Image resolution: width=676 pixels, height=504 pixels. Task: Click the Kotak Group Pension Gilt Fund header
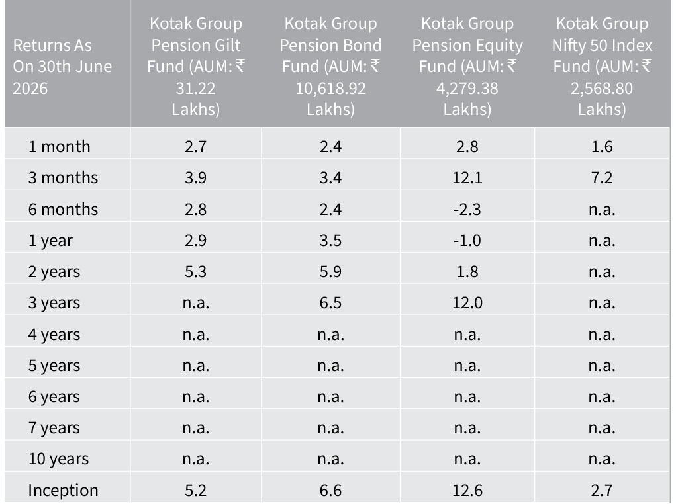(196, 66)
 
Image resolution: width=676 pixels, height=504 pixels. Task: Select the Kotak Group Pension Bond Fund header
(330, 66)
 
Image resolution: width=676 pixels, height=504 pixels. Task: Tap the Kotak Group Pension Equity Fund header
(467, 66)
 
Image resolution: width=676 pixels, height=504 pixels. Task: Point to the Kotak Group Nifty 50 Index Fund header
(602, 66)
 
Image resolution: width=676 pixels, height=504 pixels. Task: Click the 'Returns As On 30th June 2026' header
(62, 66)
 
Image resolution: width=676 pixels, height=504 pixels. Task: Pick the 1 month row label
(59, 146)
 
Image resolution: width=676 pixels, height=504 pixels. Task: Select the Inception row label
(63, 490)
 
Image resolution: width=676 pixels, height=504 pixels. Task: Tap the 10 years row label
(58, 459)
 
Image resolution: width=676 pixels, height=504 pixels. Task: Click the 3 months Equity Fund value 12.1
(467, 177)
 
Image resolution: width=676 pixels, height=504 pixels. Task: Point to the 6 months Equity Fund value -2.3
(467, 210)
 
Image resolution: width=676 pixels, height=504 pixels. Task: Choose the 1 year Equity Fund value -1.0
(467, 240)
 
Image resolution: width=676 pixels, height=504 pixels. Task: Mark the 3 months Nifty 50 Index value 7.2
(602, 177)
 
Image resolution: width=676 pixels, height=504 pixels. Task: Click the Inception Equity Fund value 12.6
(467, 490)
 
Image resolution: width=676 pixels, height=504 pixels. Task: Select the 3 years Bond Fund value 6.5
(330, 303)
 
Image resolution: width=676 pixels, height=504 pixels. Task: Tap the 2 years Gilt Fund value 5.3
(196, 272)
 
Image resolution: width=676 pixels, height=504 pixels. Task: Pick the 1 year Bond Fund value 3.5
(330, 240)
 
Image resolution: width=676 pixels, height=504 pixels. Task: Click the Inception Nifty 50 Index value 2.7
(602, 490)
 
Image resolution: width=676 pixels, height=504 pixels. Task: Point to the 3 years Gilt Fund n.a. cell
(196, 303)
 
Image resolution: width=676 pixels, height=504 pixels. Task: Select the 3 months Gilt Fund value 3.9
(196, 177)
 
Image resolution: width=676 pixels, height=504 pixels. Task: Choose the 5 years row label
(54, 365)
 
